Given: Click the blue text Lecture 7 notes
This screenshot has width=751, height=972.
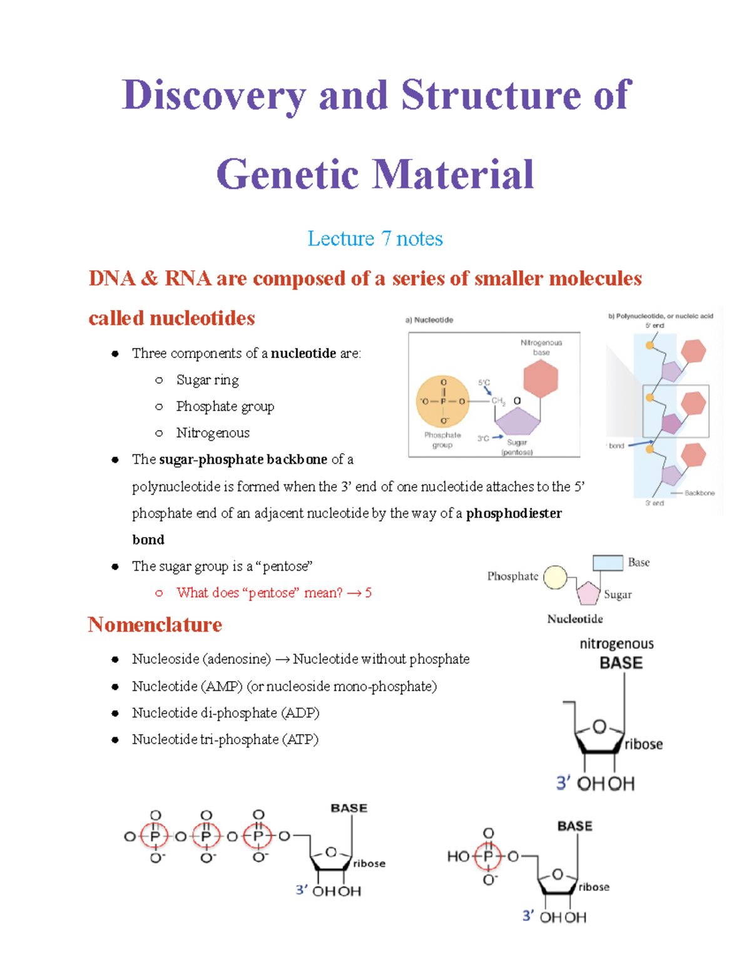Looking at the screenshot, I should [x=375, y=238].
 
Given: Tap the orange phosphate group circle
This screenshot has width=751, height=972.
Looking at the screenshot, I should [x=443, y=401].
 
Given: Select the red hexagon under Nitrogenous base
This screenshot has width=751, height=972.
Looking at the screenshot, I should [x=541, y=379].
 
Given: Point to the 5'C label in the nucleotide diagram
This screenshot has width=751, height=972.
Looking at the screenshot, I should [x=484, y=382].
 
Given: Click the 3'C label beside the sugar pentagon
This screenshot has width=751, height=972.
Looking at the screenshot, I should [x=483, y=438].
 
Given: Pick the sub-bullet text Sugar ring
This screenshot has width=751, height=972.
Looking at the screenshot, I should [x=207, y=380].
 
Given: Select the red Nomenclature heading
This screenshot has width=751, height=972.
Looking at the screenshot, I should [x=155, y=625].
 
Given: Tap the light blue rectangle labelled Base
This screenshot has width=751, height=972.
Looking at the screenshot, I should [x=608, y=563].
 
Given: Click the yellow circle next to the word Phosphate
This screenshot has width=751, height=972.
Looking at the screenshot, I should [x=555, y=577].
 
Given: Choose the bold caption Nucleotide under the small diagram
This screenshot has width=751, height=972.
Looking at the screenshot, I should [x=575, y=619].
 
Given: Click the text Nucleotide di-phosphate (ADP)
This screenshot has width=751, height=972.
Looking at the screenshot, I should [x=226, y=713].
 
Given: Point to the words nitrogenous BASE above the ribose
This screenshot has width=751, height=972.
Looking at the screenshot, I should [x=618, y=653].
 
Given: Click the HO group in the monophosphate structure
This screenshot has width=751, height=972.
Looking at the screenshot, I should [x=458, y=856].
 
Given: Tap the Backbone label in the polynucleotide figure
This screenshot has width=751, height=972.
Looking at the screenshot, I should [x=700, y=493].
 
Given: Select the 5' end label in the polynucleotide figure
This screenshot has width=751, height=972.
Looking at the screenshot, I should [x=655, y=325].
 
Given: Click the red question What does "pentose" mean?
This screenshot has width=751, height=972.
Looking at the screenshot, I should [x=259, y=593].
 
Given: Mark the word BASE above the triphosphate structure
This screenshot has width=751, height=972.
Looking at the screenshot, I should [x=349, y=808].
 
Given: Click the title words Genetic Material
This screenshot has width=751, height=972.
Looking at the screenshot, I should [x=375, y=175].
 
